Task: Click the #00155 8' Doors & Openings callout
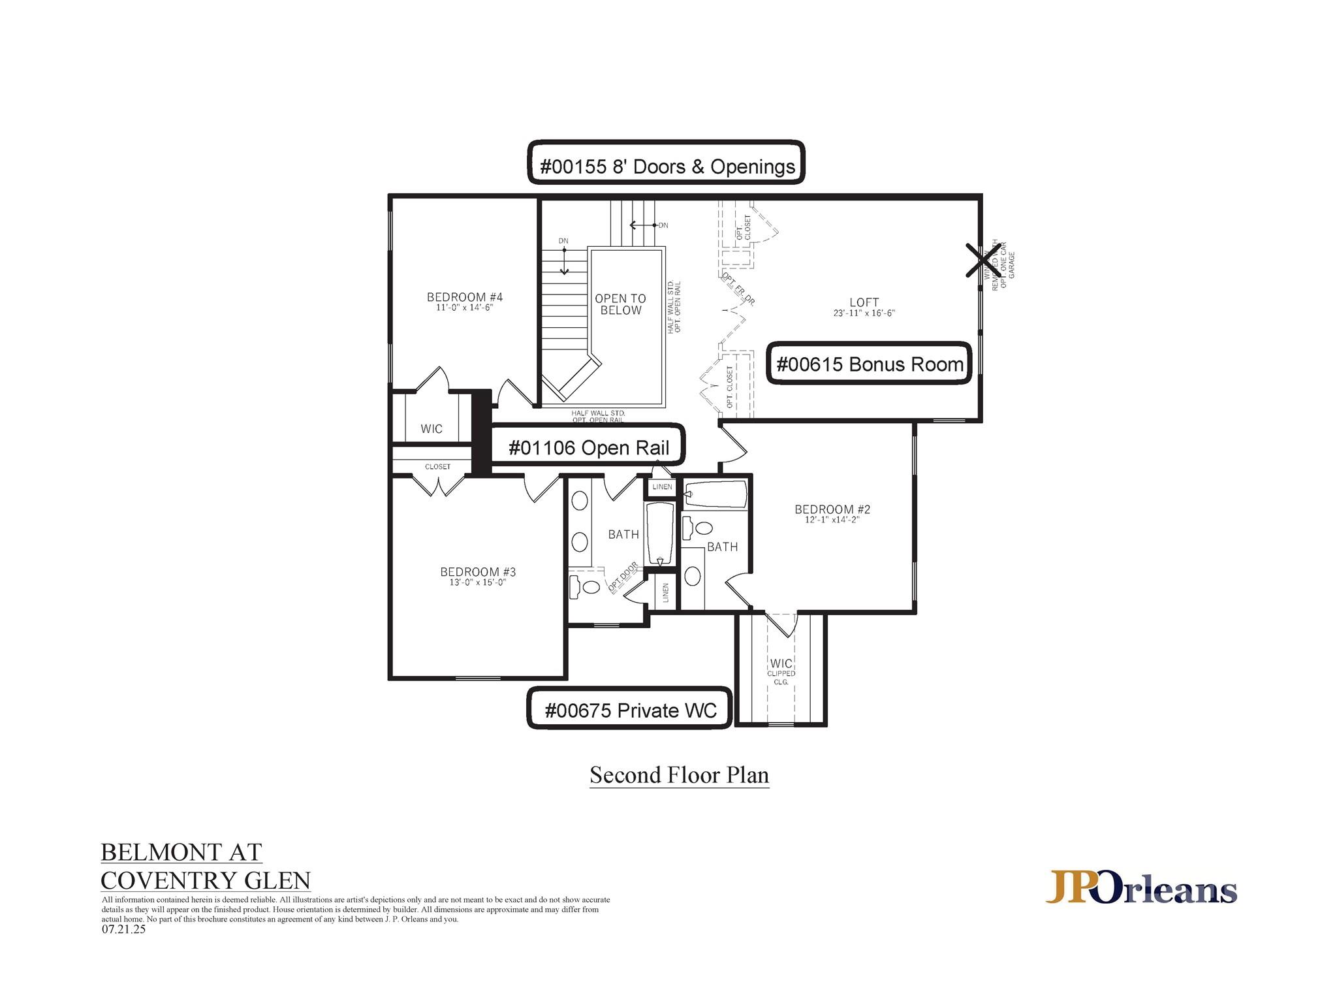point(666,167)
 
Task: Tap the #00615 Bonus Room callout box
point(869,364)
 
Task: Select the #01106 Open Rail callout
point(588,448)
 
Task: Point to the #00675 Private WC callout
point(629,710)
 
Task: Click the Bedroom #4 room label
point(465,298)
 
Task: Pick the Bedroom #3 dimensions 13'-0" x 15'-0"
point(478,583)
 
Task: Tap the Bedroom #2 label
point(832,509)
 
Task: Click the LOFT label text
point(864,302)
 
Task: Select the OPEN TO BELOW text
point(620,304)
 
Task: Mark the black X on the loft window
point(983,261)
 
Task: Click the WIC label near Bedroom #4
point(432,429)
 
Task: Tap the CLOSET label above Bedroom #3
point(437,467)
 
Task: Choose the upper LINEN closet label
point(662,487)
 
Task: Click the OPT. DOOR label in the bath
point(623,577)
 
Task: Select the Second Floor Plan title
point(679,775)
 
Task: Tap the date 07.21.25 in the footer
point(123,930)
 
